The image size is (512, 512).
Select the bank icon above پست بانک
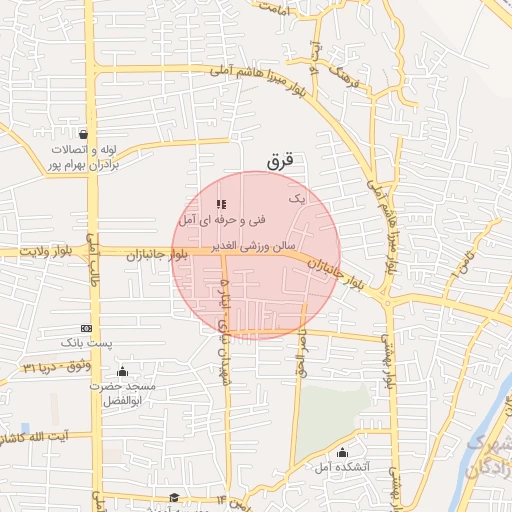(86, 328)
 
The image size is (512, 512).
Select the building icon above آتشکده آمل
(343, 452)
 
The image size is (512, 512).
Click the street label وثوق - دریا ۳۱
(50, 369)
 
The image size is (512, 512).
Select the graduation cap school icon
(174, 498)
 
